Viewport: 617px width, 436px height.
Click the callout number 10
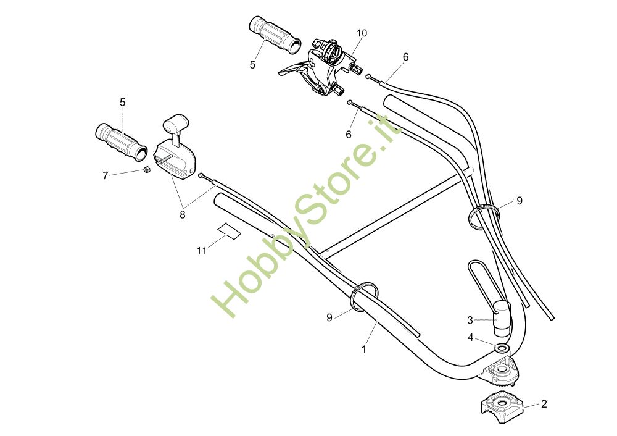362,33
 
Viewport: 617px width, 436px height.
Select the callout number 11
202,251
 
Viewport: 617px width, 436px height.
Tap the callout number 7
105,175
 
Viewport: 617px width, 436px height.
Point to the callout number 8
183,215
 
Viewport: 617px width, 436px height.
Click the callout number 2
544,404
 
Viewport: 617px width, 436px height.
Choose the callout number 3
470,320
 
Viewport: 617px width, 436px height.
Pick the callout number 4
470,338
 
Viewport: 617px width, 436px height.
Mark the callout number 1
364,350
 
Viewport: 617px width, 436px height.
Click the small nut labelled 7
146,170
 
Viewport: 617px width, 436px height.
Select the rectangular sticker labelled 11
230,231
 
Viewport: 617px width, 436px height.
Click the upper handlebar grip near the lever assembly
275,35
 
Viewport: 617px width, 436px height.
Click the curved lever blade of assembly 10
292,69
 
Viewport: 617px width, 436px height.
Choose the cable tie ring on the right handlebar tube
484,216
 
